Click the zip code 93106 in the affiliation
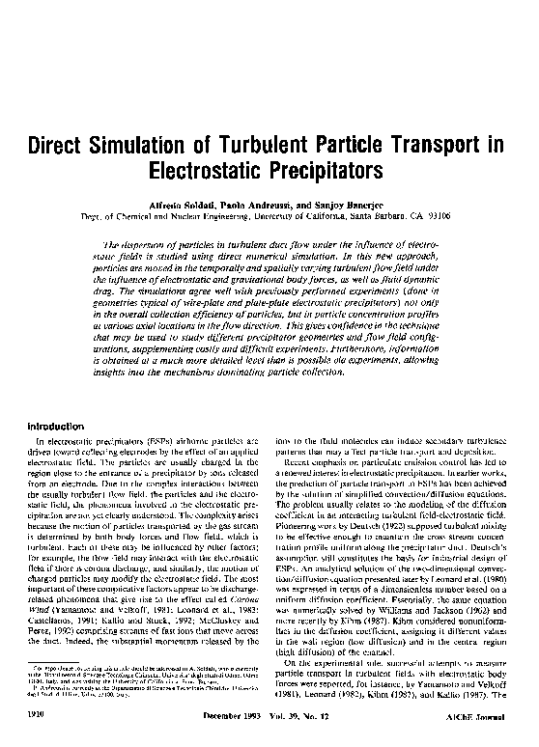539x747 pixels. pos(436,218)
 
